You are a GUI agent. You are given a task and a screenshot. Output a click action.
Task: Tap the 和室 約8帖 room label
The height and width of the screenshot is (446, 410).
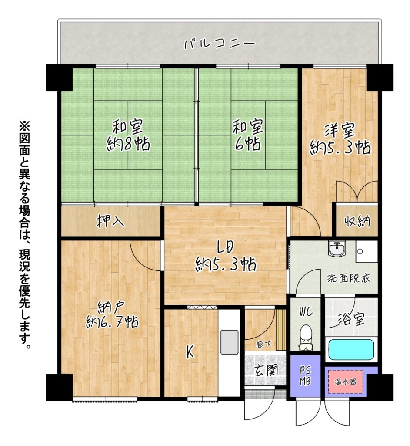(x=128, y=135)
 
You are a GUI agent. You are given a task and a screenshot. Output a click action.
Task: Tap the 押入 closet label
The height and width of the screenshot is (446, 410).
(x=110, y=221)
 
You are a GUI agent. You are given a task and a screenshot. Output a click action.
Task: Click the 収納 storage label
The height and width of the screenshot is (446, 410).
(x=357, y=221)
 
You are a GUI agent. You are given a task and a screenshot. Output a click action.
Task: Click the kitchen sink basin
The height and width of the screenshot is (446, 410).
(x=230, y=342)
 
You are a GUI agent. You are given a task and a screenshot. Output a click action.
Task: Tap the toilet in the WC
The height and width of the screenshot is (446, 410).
(x=306, y=338)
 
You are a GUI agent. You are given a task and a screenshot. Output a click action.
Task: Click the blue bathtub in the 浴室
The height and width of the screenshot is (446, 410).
(x=351, y=350)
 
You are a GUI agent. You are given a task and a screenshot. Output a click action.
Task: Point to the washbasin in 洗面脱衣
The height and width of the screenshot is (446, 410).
(x=337, y=248)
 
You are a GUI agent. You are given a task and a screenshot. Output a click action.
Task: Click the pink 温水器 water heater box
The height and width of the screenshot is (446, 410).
(x=346, y=382)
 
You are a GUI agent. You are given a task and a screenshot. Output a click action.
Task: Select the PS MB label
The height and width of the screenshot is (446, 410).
(x=305, y=375)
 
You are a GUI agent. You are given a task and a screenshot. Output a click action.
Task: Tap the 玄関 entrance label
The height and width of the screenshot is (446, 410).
(x=266, y=370)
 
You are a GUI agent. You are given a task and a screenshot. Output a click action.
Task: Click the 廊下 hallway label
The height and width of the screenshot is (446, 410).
(x=263, y=345)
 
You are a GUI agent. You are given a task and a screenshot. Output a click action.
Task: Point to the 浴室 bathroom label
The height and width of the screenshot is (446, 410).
(x=351, y=319)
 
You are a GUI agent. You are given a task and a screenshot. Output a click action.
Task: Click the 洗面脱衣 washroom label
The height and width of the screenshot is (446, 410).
(x=349, y=278)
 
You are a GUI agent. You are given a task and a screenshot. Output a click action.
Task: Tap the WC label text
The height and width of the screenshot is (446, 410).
(x=306, y=311)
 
